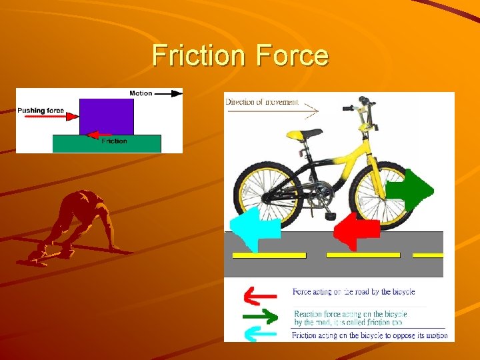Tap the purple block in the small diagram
[x=106, y=117]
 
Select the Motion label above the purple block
[x=140, y=93]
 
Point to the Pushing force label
[x=41, y=111]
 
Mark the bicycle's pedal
[x=330, y=215]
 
